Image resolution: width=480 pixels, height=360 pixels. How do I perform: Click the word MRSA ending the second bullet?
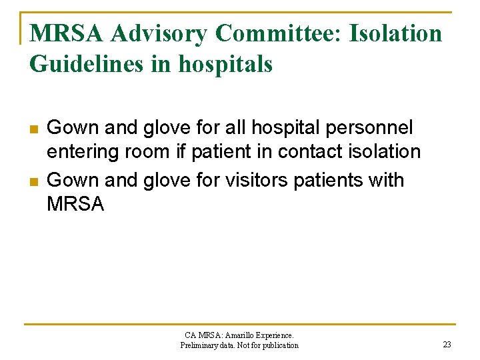75,205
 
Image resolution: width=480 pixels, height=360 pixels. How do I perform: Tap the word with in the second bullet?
387,181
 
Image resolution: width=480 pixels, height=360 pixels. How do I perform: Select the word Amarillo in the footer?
244,335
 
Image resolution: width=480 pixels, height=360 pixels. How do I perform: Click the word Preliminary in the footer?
199,345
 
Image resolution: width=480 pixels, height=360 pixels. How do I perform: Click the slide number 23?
447,345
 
